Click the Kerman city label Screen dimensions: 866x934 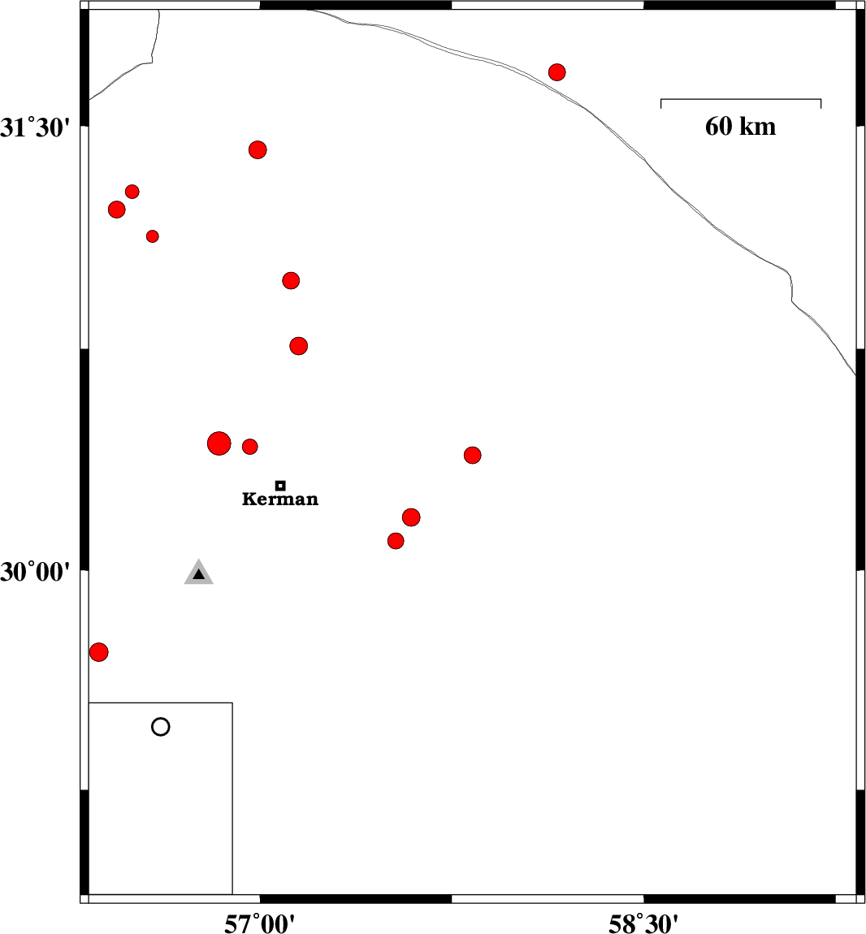pyautogui.click(x=280, y=499)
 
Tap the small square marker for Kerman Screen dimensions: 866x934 pyautogui.click(x=281, y=486)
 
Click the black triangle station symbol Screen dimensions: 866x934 pyautogui.click(x=198, y=573)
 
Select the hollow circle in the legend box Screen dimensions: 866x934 pyautogui.click(x=160, y=727)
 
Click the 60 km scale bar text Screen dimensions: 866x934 pyautogui.click(x=740, y=126)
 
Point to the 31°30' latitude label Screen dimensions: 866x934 pyautogui.click(x=35, y=128)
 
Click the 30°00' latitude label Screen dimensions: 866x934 pyautogui.click(x=35, y=572)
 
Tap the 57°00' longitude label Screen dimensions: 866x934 pyautogui.click(x=259, y=924)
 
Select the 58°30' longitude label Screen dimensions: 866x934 pyautogui.click(x=643, y=924)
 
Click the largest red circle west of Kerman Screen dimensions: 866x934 pyautogui.click(x=219, y=443)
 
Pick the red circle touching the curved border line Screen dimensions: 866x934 pyautogui.click(x=556, y=72)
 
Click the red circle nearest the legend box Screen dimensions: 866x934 pyautogui.click(x=99, y=651)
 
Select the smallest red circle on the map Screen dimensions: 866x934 pyautogui.click(x=153, y=236)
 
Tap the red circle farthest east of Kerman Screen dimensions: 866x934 pyautogui.click(x=472, y=455)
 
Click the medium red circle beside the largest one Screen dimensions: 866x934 pyautogui.click(x=249, y=446)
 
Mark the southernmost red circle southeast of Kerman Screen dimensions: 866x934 pyautogui.click(x=395, y=541)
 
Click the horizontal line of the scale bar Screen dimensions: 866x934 pyautogui.click(x=741, y=99)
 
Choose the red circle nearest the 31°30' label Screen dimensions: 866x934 pyautogui.click(x=117, y=209)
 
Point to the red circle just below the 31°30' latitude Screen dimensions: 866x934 pyautogui.click(x=258, y=149)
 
